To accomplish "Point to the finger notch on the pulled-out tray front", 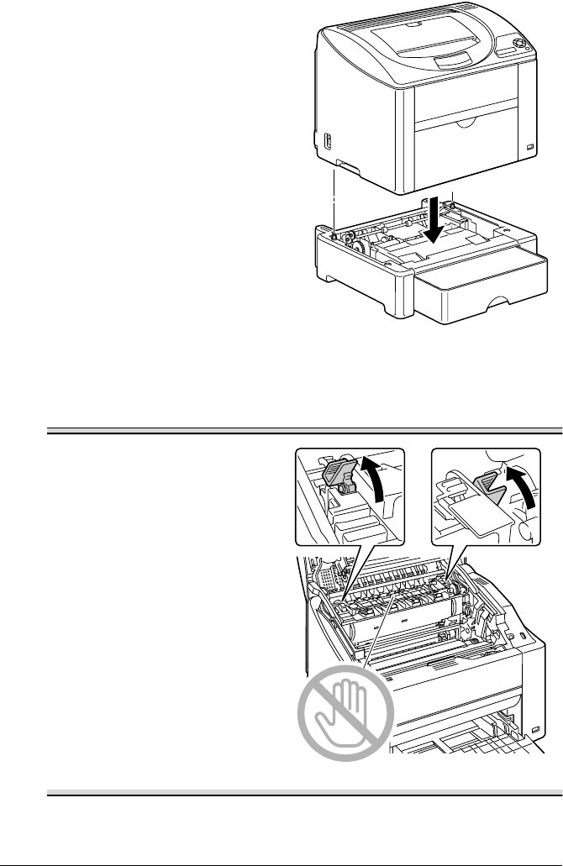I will [502, 301].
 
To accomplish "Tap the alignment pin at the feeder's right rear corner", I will [453, 203].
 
